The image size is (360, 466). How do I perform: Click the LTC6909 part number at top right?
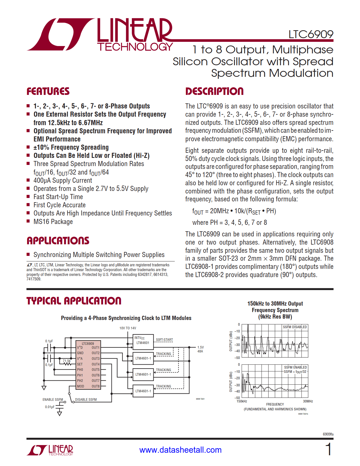[311, 34]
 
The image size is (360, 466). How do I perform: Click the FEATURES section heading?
[48, 92]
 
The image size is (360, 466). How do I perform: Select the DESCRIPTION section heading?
[214, 92]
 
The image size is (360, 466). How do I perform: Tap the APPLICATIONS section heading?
[58, 241]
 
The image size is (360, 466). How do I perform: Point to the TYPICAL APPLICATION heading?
[74, 301]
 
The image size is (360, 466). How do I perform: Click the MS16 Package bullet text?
[53, 222]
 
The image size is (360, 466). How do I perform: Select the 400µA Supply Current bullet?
[63, 180]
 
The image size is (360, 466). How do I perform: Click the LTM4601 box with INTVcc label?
[143, 341]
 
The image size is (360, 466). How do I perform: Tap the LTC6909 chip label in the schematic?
[88, 344]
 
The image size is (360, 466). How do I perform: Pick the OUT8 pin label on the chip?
[95, 386]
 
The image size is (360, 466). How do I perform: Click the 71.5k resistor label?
[67, 361]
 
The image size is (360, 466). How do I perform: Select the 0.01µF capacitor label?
[50, 407]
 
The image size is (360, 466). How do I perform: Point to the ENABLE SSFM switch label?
[53, 400]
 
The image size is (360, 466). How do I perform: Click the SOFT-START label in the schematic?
[164, 340]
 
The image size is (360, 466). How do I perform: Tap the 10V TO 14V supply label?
[128, 328]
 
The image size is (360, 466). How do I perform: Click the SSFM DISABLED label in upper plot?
[295, 327]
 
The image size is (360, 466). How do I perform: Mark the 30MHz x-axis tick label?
[308, 401]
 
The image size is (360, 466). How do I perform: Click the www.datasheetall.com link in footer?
[180, 450]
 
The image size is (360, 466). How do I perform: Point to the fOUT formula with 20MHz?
[234, 211]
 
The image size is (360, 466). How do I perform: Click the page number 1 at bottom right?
[328, 449]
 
